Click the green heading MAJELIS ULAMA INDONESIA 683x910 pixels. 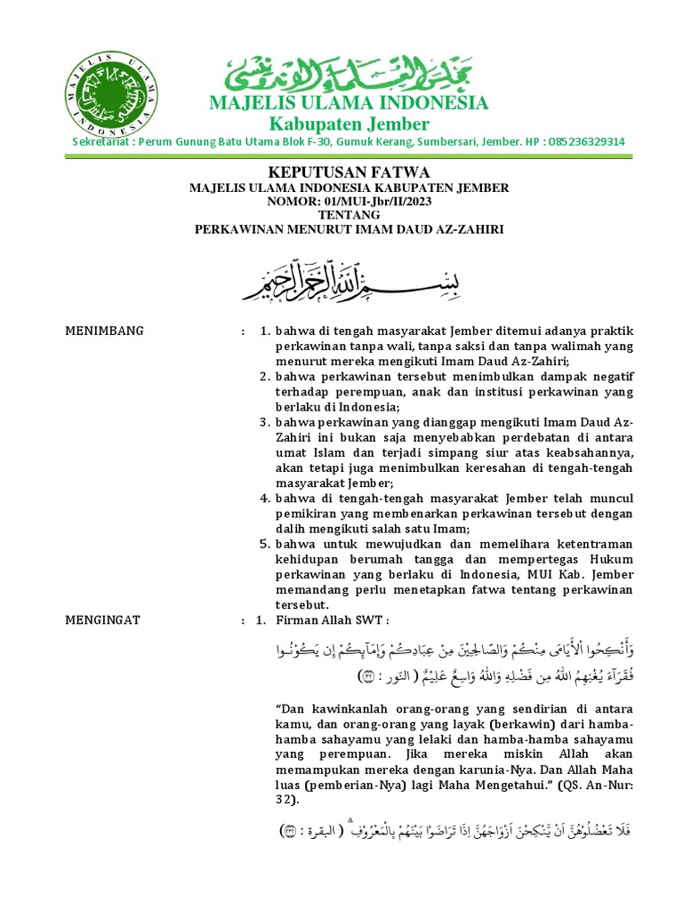click(349, 103)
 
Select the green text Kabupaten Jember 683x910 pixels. click(349, 124)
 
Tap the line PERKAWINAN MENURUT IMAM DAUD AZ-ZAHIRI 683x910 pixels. click(349, 229)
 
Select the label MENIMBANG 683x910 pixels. click(105, 331)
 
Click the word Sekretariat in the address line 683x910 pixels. click(101, 142)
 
